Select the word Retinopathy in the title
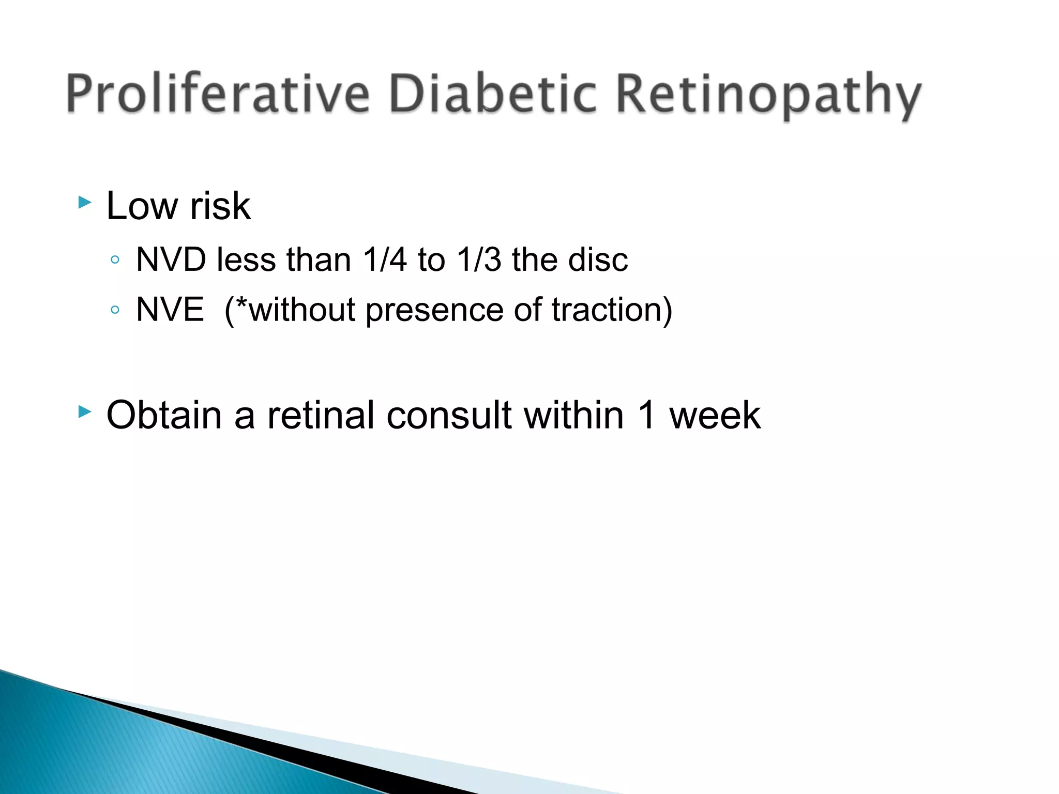768,96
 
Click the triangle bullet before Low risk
84,202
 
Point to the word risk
220,206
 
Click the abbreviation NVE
170,309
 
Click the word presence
434,310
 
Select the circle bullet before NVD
115,259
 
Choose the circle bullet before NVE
115,310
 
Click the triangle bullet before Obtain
84,411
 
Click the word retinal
321,415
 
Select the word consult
449,415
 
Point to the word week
715,415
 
